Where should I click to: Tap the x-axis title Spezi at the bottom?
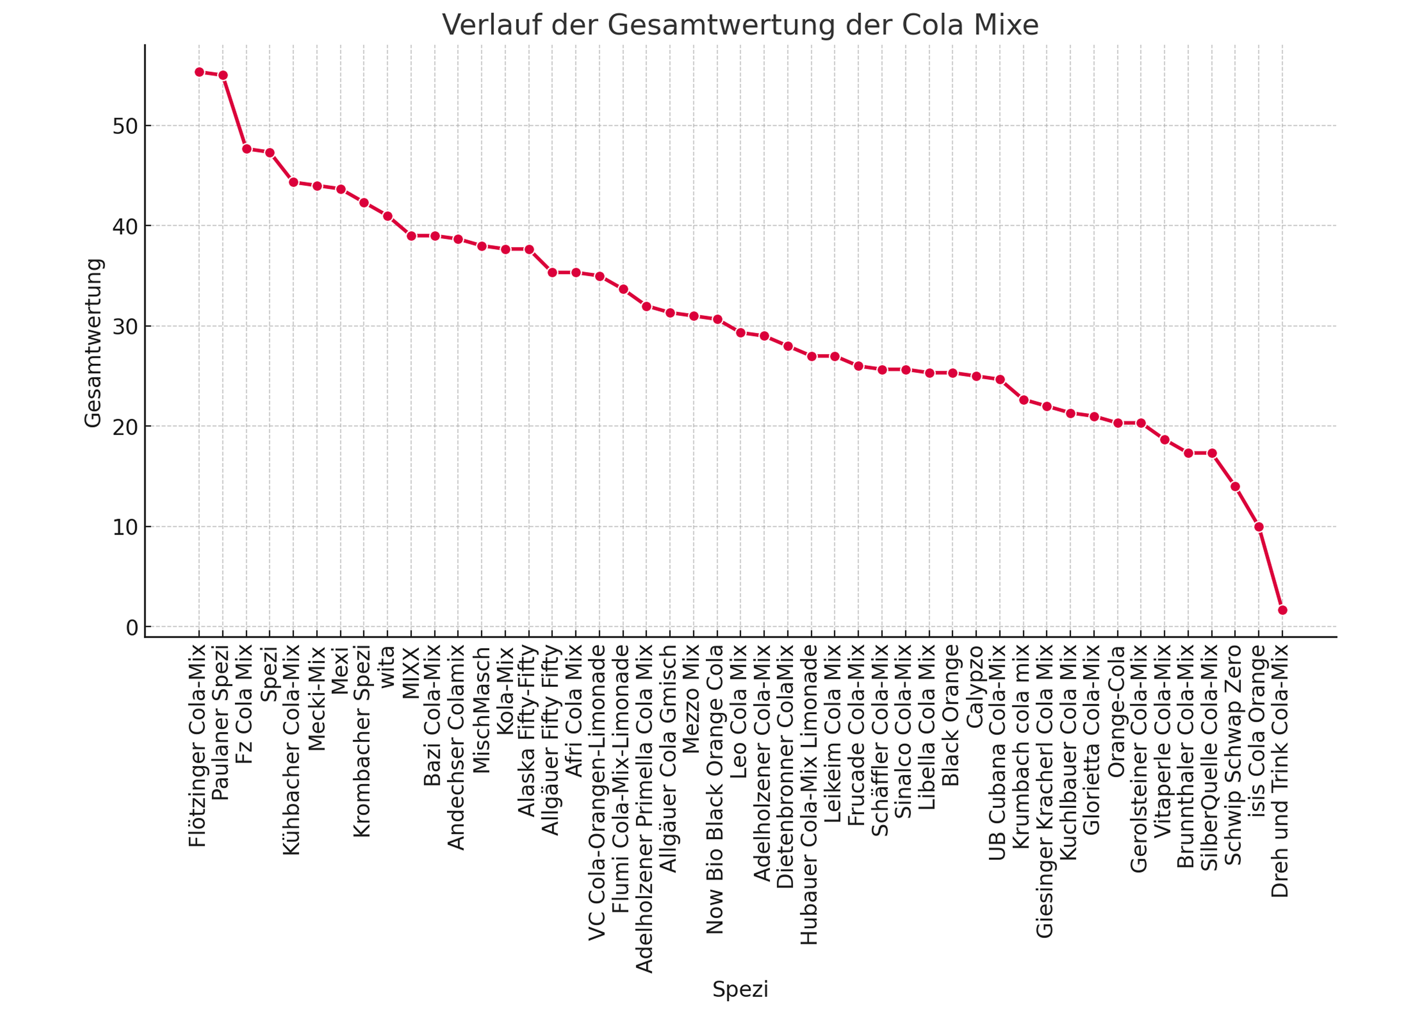[x=740, y=989]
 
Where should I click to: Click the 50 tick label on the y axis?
[x=125, y=126]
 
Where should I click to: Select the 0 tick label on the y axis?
[x=132, y=627]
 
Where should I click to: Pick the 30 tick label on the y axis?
[x=125, y=327]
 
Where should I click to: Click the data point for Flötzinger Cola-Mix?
[x=199, y=72]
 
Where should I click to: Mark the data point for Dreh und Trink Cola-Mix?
[x=1282, y=610]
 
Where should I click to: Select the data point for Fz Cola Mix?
[x=247, y=149]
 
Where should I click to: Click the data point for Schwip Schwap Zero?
[x=1235, y=486]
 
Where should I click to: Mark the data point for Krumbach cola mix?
[x=1024, y=399]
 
